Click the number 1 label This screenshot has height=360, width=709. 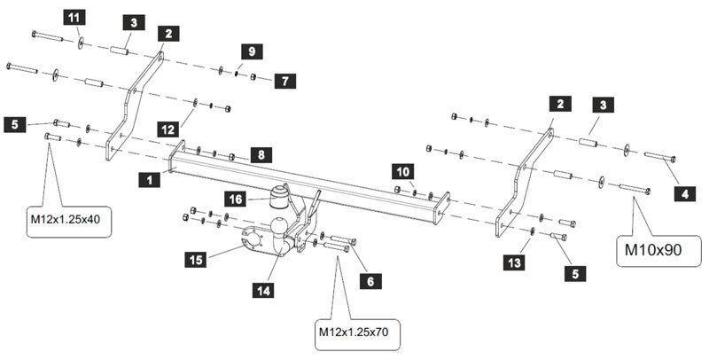coord(150,179)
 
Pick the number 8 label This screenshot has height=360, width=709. coord(260,154)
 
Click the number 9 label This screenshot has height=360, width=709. coord(251,52)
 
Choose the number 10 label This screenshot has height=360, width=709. coord(403,169)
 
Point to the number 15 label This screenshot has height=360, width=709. coord(197,259)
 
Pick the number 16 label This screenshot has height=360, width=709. coord(237,199)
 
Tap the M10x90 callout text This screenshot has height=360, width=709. coord(653,250)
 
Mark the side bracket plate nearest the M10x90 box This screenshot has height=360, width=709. coord(524,178)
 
